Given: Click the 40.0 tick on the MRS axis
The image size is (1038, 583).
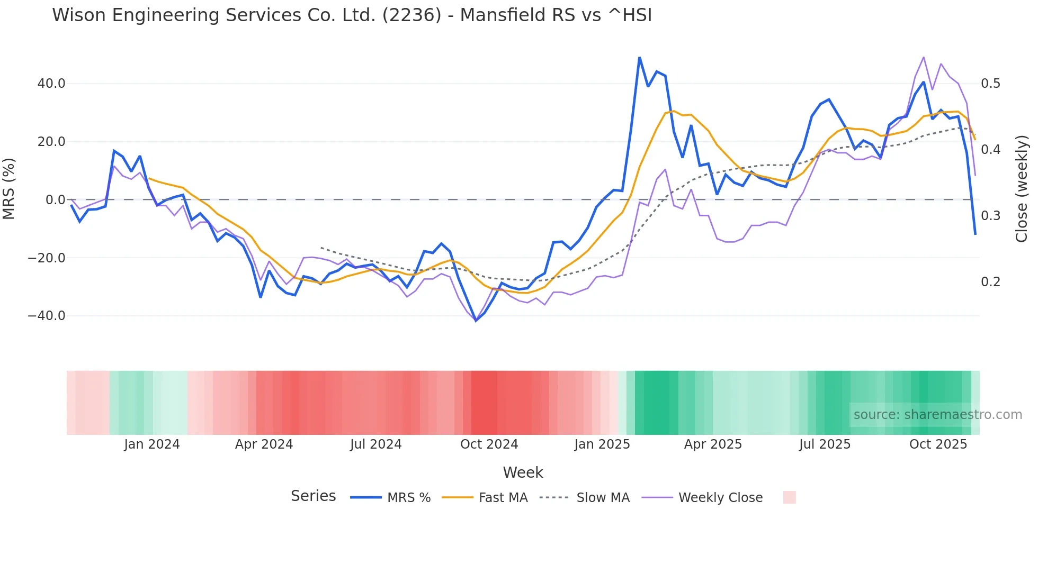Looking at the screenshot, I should click(x=51, y=84).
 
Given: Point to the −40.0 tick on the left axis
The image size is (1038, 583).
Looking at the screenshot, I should click(x=47, y=316).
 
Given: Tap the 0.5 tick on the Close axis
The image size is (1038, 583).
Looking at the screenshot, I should click(x=990, y=84).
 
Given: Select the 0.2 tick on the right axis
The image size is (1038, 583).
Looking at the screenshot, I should click(x=990, y=281).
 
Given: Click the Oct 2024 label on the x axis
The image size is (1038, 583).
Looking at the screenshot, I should click(x=489, y=444).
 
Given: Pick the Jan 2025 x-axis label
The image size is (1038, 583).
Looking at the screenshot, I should click(x=602, y=444).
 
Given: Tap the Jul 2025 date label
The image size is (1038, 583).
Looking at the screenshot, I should click(x=825, y=444).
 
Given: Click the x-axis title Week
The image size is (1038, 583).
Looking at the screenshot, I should click(x=523, y=472).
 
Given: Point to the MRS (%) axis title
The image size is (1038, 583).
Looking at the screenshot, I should click(x=9, y=188).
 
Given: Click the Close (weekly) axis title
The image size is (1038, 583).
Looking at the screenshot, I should click(x=1022, y=188).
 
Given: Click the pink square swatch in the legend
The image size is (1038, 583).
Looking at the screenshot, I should click(x=789, y=497).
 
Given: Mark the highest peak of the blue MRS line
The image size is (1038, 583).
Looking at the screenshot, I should click(x=639, y=57).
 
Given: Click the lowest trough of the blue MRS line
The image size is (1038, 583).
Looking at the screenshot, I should click(x=476, y=321).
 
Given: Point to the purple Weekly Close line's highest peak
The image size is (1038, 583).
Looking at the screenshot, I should click(x=924, y=57).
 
